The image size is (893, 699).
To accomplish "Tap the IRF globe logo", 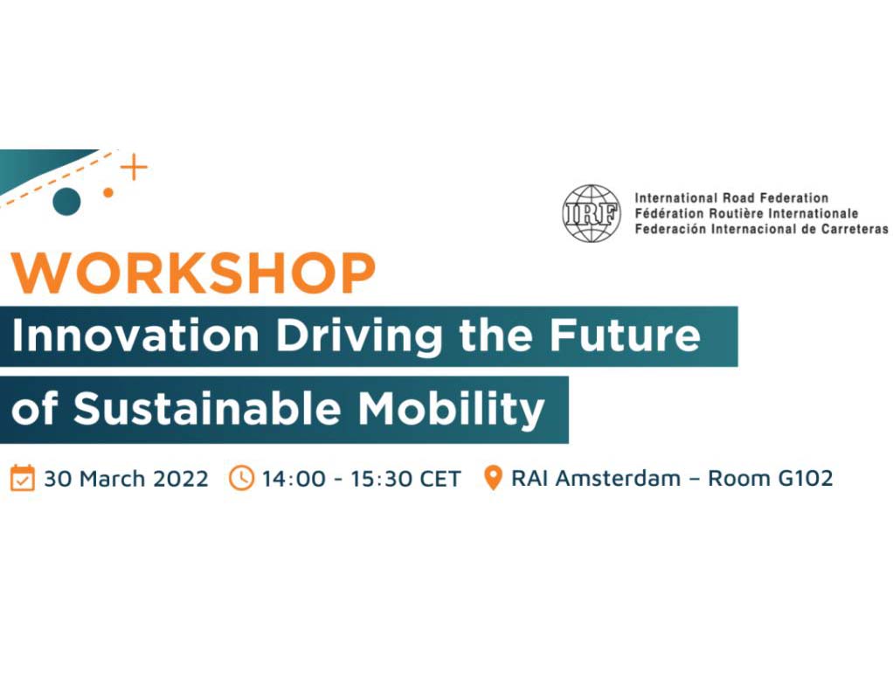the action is coord(592,213).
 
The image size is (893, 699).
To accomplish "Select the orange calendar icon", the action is coord(23,478).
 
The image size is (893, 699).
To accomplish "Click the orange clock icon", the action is coord(241,478).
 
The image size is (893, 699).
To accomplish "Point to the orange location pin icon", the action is coord(493,477).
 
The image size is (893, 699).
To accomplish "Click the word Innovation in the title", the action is coord(135,336).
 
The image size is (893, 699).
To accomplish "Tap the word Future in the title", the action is coord(625,336).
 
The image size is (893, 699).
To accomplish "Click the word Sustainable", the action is coord(207,408).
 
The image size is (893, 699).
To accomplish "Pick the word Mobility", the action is coord(451,410).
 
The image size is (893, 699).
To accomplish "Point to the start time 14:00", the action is coord(294,479).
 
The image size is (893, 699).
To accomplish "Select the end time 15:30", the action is coord(381,479).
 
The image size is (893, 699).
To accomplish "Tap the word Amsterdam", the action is coord(618,479).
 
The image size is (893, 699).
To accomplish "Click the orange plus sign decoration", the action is coord(134,168).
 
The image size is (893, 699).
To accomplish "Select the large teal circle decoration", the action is coord(66,202).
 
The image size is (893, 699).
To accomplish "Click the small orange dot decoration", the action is coord(108,193).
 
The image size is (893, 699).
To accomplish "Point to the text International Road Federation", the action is coord(731,198).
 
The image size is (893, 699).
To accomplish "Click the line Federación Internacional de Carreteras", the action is coord(761,229).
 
